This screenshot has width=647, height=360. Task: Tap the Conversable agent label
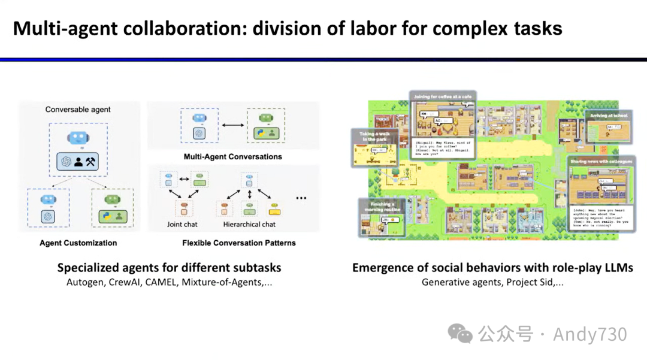pos(78,110)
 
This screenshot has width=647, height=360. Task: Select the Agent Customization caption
pos(78,243)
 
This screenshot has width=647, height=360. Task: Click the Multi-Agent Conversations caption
pos(232,157)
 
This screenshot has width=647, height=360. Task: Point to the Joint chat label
pos(182,225)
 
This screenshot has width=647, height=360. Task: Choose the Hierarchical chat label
pos(249,225)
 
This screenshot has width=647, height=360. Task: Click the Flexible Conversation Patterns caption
pos(239,243)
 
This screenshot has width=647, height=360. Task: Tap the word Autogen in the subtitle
pos(84,282)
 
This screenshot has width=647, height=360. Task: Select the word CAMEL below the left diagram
pos(161,282)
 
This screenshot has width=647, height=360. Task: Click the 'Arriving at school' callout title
pos(607,115)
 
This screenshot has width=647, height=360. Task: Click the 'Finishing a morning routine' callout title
pos(380,207)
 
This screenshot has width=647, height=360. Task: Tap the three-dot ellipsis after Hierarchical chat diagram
pos(301,198)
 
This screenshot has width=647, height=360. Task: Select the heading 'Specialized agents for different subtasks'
pos(169,268)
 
